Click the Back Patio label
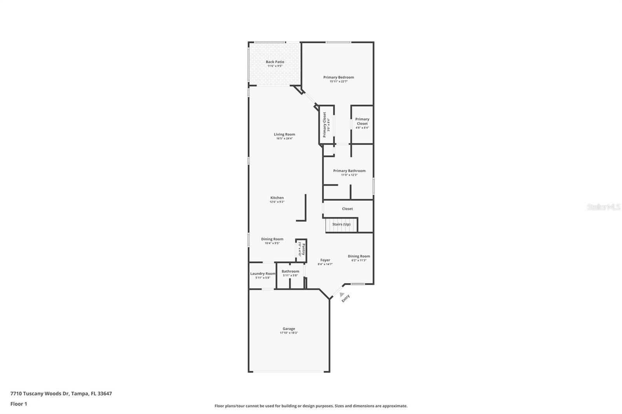pyautogui.click(x=275, y=62)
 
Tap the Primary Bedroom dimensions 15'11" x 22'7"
pyautogui.click(x=339, y=82)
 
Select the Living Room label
pyautogui.click(x=284, y=134)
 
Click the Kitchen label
pyautogui.click(x=277, y=198)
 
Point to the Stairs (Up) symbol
pyautogui.click(x=341, y=224)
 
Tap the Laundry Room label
pyautogui.click(x=262, y=273)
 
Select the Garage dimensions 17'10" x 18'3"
pyautogui.click(x=289, y=333)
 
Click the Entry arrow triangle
pyautogui.click(x=341, y=295)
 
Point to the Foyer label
pyautogui.click(x=325, y=260)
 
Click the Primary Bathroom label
pyautogui.click(x=349, y=170)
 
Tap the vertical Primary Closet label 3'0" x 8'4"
pyautogui.click(x=325, y=125)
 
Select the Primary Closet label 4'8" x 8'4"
pyautogui.click(x=362, y=122)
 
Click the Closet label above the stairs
pyautogui.click(x=347, y=209)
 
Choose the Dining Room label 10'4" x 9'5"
pyautogui.click(x=272, y=239)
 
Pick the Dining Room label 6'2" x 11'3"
pyautogui.click(x=359, y=256)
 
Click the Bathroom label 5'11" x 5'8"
pyautogui.click(x=290, y=271)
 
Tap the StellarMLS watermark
pyautogui.click(x=603, y=207)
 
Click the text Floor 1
pyautogui.click(x=19, y=404)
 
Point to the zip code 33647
pyautogui.click(x=105, y=393)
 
